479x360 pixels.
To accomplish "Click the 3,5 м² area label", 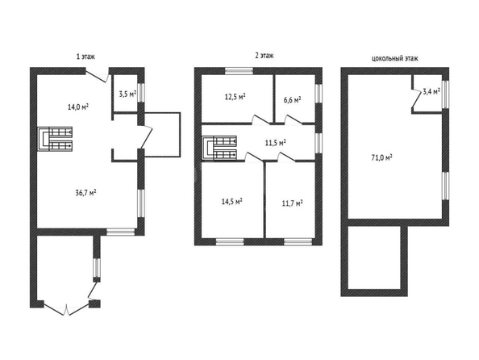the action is pos(127,94).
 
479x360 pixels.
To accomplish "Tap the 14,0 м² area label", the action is pos(78,107).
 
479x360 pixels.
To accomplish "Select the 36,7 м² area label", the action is pos(85,193).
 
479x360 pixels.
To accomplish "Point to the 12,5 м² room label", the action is pos(235,97).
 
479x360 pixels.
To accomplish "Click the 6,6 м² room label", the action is pos(293,100).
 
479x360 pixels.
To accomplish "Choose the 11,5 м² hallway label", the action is pos(275,143).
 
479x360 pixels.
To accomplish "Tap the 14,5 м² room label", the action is pos(232,201).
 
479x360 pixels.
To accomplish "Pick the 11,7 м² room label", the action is pos(293,203).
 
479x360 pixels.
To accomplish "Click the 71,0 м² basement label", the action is pos(382,158).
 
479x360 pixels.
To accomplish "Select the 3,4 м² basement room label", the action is pos(431,91).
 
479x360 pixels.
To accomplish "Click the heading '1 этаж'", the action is pos(85,57).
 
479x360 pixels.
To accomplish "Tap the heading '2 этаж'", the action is pos(264,56).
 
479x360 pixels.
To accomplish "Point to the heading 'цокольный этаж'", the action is pos(394,58).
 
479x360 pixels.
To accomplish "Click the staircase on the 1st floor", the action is pos(55,139).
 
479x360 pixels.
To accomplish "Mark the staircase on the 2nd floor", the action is pos(219,148).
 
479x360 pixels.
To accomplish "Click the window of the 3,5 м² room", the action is pos(141,93).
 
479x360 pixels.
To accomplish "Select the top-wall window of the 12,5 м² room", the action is pos(240,71).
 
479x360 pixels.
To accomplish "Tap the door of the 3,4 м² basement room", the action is pos(415,98).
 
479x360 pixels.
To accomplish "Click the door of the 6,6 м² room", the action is pos(294,119).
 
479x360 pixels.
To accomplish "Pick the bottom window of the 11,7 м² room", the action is pos(298,242).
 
